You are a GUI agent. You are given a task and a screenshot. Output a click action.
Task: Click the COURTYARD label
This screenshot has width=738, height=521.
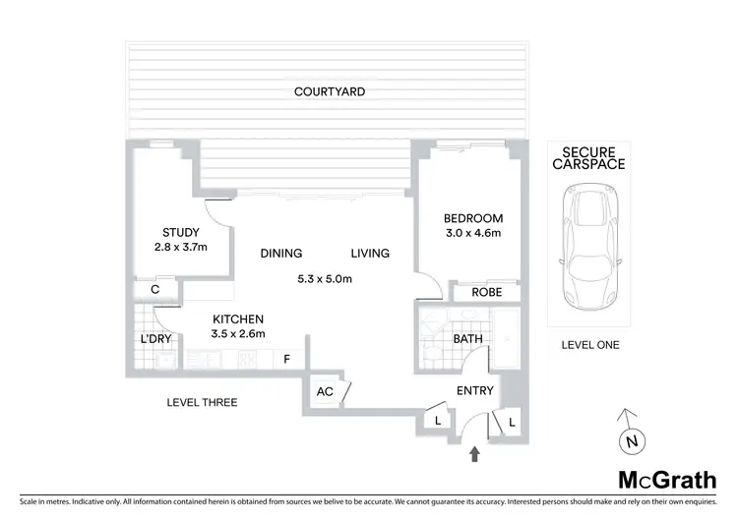click(x=330, y=91)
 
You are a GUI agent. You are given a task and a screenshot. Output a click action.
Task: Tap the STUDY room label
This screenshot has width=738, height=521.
click(x=180, y=232)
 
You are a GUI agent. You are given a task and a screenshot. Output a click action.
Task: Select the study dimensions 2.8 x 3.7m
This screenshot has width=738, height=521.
click(x=180, y=247)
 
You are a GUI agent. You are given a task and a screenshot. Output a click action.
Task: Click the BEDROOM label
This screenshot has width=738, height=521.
click(x=473, y=218)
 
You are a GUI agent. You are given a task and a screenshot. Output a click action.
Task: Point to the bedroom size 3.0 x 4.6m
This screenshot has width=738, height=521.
click(x=473, y=233)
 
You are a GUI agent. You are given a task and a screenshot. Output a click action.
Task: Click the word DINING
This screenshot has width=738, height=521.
click(x=280, y=253)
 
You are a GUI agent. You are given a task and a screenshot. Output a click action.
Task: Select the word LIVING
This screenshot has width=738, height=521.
click(x=369, y=253)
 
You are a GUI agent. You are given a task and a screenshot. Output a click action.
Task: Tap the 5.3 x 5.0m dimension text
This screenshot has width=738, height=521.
click(x=325, y=278)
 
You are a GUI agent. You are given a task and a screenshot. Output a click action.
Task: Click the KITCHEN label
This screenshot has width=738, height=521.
click(x=238, y=318)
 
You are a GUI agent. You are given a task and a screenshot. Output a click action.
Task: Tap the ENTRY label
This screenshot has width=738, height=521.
click(x=474, y=391)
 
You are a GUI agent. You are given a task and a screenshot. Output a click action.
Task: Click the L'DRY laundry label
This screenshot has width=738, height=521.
click(x=157, y=339)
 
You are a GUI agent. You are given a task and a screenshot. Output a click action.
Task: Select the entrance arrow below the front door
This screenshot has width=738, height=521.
click(x=475, y=453)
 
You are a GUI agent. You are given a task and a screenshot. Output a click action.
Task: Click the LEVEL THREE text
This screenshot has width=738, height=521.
click(x=203, y=403)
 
